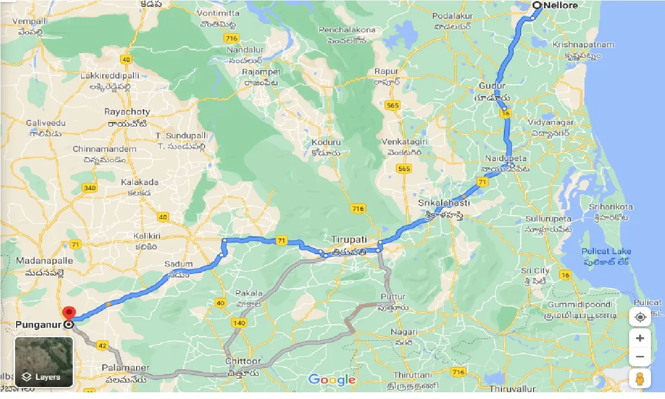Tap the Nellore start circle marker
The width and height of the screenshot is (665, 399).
tap(537, 5)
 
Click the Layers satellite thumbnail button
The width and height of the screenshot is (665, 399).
tap(44, 362)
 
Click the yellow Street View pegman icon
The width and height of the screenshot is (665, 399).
tap(640, 379)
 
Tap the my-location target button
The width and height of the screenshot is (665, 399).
tap(640, 316)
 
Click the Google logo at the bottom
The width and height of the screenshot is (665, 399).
tap(332, 380)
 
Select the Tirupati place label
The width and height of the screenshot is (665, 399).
tap(349, 240)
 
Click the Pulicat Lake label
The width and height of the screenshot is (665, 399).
tap(606, 251)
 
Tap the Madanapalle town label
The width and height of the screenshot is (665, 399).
tap(40, 260)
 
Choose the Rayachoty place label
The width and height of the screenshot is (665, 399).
tap(127, 112)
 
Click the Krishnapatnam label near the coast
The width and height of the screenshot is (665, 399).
tap(583, 45)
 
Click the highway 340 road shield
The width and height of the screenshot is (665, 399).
tap(89, 188)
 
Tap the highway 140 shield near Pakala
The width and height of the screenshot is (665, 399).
tap(240, 323)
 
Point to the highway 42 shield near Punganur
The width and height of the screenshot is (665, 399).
tap(102, 345)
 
